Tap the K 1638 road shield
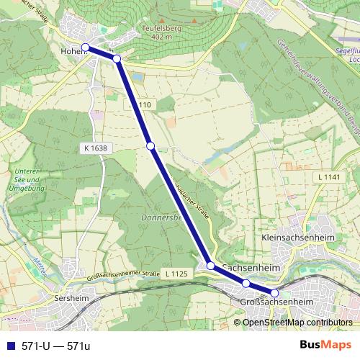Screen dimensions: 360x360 (94, 148)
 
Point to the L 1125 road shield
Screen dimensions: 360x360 (176, 274)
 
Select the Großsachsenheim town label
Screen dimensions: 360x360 (276, 302)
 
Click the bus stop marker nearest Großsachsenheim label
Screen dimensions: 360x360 (274, 293)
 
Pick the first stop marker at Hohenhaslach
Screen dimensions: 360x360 (86, 48)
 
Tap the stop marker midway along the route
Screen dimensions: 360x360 (150, 146)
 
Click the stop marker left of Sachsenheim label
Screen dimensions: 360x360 (211, 266)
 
